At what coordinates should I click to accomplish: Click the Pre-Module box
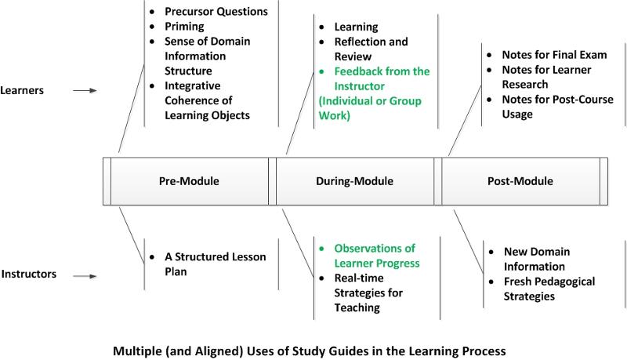point(190,181)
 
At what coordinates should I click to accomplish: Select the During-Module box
point(355,181)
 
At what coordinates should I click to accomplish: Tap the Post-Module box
point(520,181)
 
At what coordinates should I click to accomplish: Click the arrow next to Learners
point(85,91)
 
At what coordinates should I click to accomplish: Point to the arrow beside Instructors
point(85,276)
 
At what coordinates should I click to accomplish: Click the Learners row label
point(22,90)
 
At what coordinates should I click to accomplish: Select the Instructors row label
point(29,274)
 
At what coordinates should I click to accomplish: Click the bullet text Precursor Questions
point(216,12)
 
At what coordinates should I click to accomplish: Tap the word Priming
point(184,27)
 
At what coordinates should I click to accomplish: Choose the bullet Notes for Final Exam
point(554,55)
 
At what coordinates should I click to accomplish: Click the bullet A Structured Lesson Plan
point(215,264)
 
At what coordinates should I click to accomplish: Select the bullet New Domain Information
point(537,259)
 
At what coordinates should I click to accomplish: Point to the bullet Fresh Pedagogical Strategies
point(549,289)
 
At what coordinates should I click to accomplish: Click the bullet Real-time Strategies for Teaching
point(368,293)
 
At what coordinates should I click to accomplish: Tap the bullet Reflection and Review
point(371,49)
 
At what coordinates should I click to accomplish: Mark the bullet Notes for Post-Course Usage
point(557,107)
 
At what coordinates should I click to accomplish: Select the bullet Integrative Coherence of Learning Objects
point(207,100)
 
